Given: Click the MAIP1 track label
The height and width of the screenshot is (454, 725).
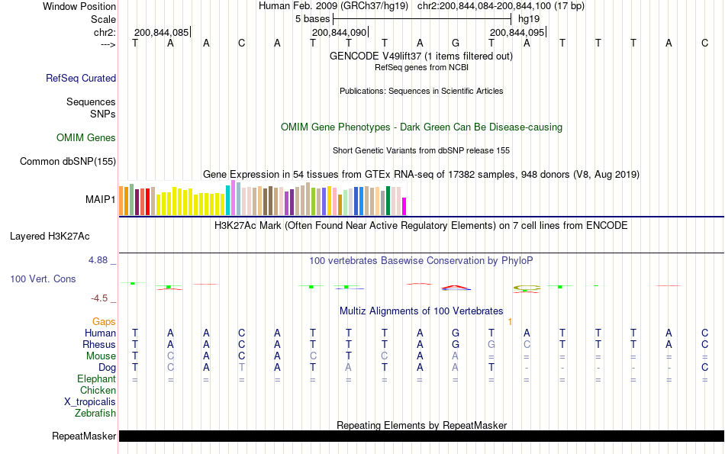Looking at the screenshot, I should click(x=100, y=200).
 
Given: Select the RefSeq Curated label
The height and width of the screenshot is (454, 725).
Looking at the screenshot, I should click(x=81, y=78).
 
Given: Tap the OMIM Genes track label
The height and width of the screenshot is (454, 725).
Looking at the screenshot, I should click(x=86, y=138).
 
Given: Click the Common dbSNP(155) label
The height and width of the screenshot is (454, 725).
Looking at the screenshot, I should click(x=68, y=161).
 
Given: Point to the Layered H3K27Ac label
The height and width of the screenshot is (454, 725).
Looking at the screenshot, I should click(x=60, y=236).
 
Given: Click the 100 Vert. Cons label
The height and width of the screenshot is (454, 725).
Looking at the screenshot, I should click(x=43, y=279).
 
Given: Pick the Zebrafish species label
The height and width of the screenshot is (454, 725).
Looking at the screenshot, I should click(x=95, y=413).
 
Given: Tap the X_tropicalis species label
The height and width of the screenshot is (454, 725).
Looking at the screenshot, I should click(x=90, y=401).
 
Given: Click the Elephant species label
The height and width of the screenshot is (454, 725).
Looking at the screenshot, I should click(x=96, y=378).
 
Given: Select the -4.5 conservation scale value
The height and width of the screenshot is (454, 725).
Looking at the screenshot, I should click(x=102, y=298).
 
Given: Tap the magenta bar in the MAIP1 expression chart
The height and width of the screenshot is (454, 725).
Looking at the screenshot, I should click(x=404, y=206).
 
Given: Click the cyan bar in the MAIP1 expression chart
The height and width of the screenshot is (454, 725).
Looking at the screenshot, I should click(x=228, y=201).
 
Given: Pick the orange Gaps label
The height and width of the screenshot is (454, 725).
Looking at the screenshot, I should click(x=104, y=321).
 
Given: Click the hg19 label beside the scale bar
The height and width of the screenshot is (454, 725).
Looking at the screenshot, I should click(x=528, y=18).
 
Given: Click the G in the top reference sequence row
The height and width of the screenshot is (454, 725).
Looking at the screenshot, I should click(x=456, y=43).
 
